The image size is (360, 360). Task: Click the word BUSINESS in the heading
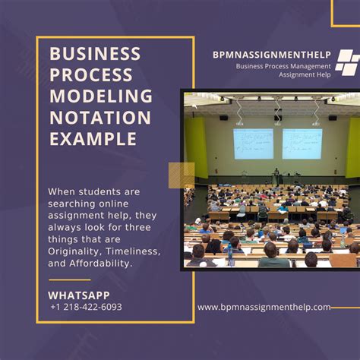(95, 54)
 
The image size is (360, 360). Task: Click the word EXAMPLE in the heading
(93, 139)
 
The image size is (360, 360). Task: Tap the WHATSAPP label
(79, 295)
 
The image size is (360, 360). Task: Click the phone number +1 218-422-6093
(86, 307)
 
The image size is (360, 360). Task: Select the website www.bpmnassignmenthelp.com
(264, 307)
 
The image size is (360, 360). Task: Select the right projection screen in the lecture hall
(302, 144)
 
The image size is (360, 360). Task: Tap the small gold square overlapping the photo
(182, 175)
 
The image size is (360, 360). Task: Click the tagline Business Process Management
(283, 66)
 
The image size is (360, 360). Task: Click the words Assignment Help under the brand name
(305, 75)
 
